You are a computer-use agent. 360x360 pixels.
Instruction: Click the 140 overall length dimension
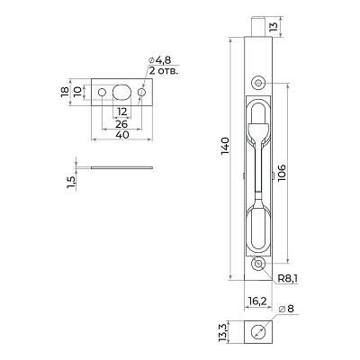224,147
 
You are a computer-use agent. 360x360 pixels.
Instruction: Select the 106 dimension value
283,171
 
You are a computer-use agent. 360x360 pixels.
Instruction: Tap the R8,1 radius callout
288,280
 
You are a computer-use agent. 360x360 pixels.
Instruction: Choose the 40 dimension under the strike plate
121,134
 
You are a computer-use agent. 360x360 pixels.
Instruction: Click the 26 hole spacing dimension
121,122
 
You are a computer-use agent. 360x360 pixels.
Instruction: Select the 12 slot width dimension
121,112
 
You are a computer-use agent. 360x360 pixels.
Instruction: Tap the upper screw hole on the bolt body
258,83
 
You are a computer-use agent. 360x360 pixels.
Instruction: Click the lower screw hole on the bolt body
258,265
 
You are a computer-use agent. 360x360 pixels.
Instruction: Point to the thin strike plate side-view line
121,166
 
